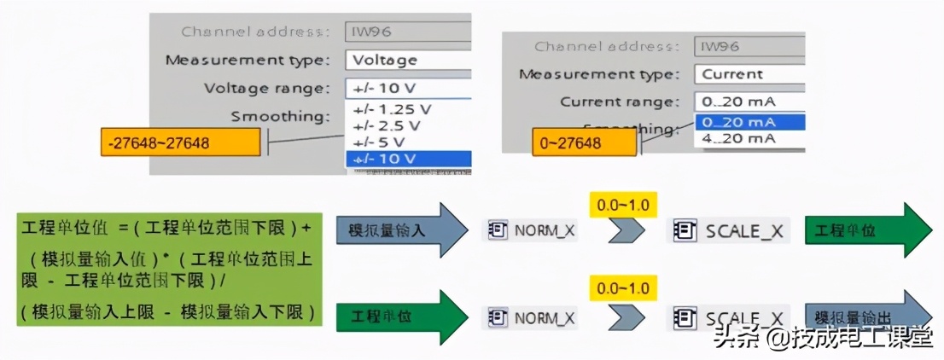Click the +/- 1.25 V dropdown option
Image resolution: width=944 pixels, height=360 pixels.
[389, 109]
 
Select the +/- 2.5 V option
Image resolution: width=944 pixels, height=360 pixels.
[385, 125]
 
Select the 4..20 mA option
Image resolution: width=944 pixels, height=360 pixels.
[739, 138]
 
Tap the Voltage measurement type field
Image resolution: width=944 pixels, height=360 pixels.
[408, 60]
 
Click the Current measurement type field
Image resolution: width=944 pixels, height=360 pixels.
[749, 73]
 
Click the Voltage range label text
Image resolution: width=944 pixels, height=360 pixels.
[266, 88]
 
